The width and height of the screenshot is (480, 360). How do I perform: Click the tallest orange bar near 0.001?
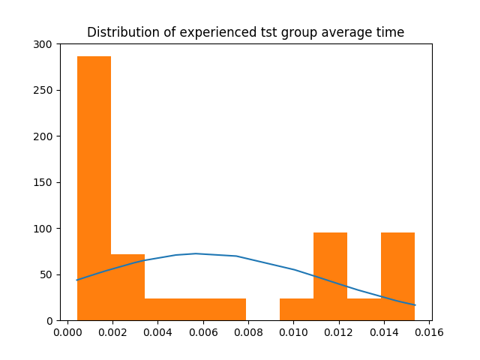[94, 187]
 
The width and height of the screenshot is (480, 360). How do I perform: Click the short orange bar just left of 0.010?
[296, 309]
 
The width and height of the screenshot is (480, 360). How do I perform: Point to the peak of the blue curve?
[196, 253]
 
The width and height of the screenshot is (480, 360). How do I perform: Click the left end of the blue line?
[77, 280]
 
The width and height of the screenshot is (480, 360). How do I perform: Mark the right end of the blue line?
[415, 304]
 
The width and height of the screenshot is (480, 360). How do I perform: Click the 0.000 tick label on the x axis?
[67, 332]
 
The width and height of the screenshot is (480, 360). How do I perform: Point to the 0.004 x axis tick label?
[158, 332]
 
